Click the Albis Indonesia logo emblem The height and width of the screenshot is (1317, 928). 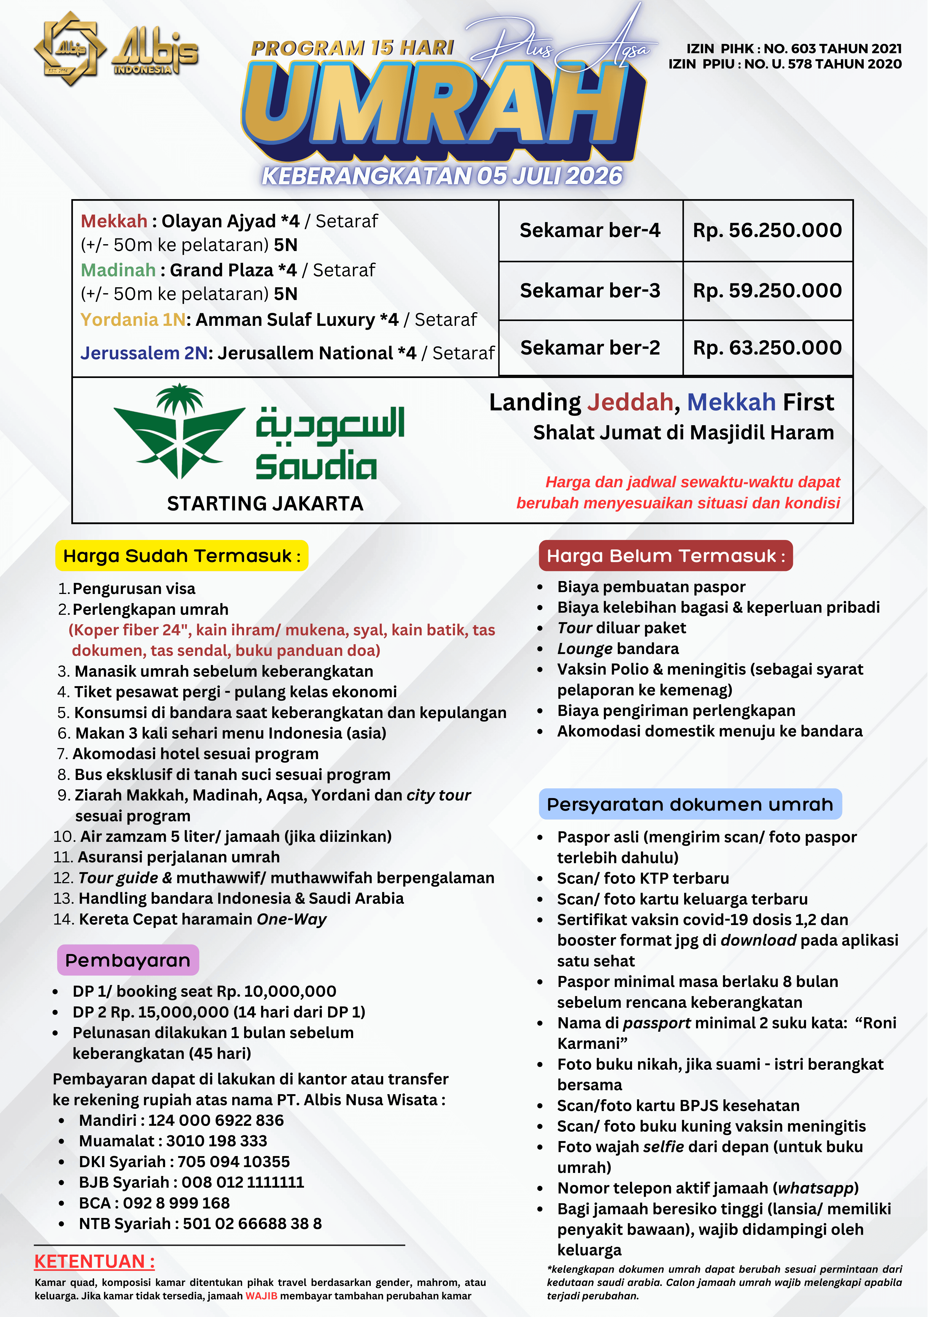click(70, 49)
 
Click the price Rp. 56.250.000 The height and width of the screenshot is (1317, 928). click(767, 230)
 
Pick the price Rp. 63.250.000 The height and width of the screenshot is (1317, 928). click(767, 348)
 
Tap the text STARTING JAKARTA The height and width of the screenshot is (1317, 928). click(265, 504)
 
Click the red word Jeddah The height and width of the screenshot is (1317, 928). click(630, 403)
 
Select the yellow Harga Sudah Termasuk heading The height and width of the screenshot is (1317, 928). click(182, 556)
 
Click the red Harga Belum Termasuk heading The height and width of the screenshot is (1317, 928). click(665, 556)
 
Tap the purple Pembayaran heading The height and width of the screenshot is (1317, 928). click(128, 960)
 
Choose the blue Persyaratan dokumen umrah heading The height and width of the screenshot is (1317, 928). click(690, 804)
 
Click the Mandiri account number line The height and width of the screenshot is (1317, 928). click(181, 1120)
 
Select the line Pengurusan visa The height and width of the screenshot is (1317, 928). click(134, 588)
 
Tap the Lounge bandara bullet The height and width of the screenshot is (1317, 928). click(618, 649)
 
